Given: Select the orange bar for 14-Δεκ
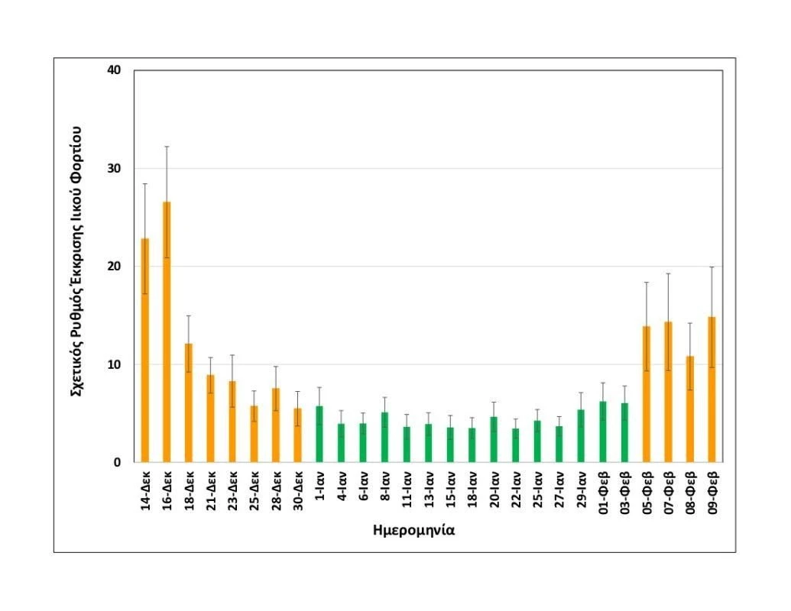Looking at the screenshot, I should click(x=144, y=351).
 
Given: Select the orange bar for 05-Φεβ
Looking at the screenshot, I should click(x=646, y=397).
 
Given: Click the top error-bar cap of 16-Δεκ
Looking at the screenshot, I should click(x=167, y=147).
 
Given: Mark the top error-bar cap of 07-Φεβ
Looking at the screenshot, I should click(x=668, y=273).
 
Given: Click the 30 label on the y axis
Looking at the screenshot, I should click(x=115, y=168).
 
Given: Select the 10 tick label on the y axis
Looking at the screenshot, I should click(x=115, y=364).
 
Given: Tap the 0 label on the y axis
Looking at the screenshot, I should click(x=118, y=462).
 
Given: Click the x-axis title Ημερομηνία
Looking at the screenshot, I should click(x=413, y=529).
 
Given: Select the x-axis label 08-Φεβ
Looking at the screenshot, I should click(x=690, y=493).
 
